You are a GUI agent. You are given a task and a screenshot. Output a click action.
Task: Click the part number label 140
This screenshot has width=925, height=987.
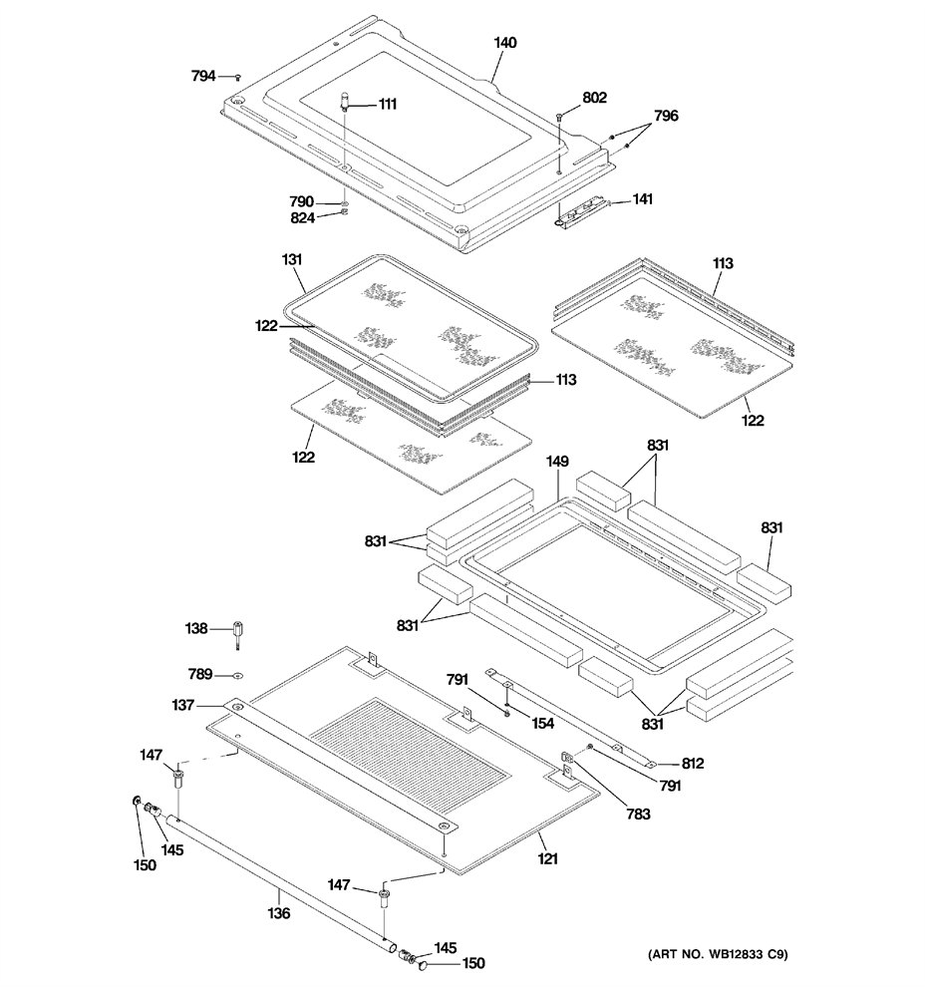click(504, 43)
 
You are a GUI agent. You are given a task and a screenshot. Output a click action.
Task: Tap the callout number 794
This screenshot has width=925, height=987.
click(203, 76)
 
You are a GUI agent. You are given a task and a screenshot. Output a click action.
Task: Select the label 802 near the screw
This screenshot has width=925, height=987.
click(595, 98)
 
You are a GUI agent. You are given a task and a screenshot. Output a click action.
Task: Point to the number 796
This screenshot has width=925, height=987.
click(667, 116)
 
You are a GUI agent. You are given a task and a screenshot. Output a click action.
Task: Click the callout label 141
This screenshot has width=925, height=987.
click(643, 199)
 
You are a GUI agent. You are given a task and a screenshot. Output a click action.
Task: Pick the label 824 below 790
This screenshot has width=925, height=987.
click(302, 218)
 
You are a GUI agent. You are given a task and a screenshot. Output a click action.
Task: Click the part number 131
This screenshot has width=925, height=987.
click(292, 259)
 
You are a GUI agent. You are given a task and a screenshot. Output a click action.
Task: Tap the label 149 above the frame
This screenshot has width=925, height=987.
click(557, 462)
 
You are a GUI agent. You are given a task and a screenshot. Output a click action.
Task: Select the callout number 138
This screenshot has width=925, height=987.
click(196, 628)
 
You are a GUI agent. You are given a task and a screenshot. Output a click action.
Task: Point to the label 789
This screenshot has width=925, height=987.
click(200, 674)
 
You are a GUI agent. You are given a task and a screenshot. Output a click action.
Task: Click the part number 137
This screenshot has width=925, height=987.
click(183, 706)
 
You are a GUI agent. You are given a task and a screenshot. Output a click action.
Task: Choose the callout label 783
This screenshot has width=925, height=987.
click(638, 815)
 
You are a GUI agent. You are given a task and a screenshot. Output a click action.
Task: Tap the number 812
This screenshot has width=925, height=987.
click(693, 764)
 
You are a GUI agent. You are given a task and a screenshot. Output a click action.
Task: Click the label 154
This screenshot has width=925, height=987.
click(543, 724)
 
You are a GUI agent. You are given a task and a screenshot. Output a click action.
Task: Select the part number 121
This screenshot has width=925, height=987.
click(547, 858)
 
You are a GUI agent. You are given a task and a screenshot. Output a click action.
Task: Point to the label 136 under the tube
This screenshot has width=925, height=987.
click(279, 913)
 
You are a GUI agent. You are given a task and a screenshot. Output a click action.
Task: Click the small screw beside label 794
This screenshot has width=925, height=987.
click(238, 77)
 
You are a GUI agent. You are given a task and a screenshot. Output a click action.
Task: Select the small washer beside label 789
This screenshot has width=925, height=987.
click(238, 676)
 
